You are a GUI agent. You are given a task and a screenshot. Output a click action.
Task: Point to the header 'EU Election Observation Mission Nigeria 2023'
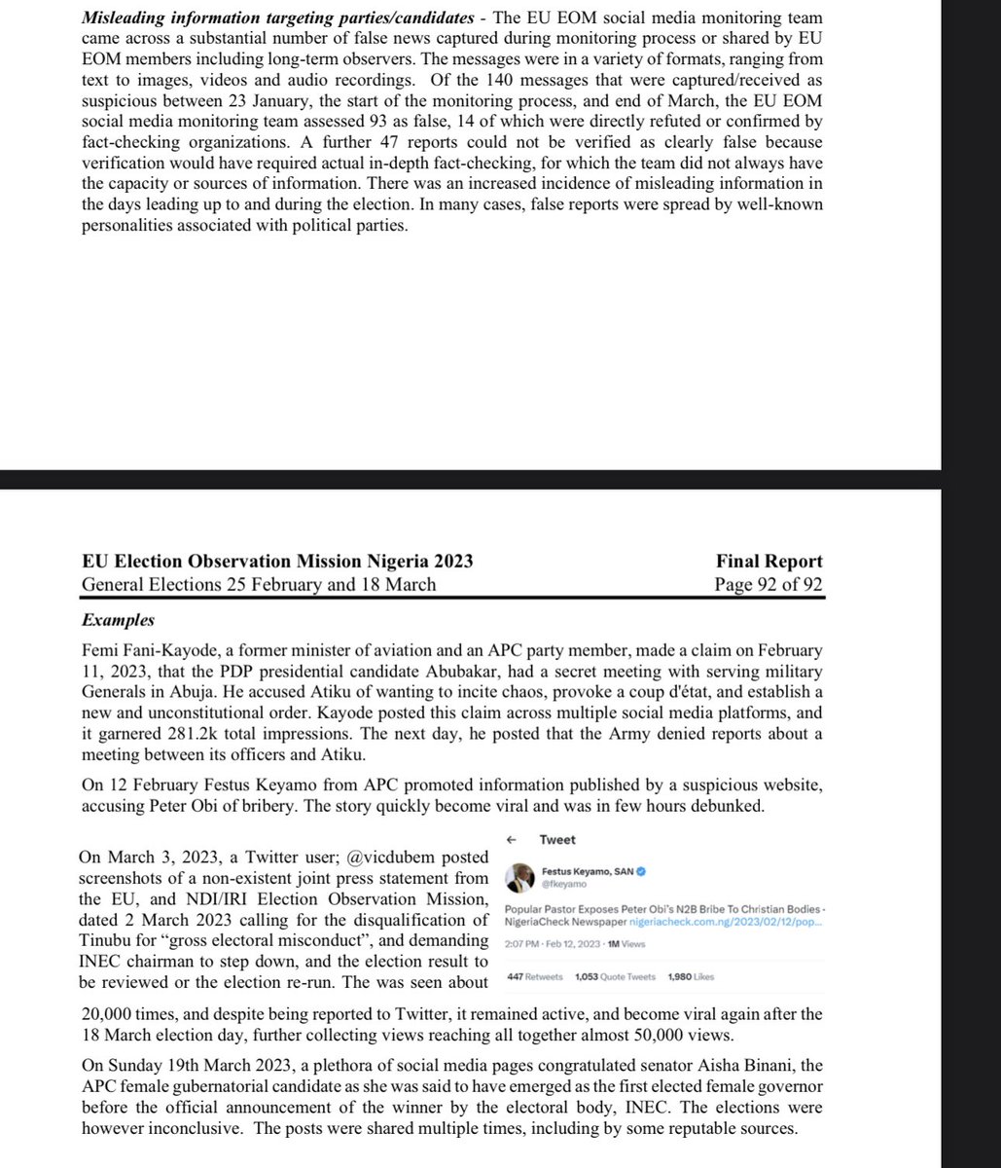(277, 562)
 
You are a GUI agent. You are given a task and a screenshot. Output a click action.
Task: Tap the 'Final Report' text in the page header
(769, 562)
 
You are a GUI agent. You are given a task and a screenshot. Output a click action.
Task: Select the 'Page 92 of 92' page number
(769, 585)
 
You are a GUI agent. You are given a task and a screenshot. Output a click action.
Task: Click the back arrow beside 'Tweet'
(511, 840)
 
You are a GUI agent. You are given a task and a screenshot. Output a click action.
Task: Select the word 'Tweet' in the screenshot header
(557, 840)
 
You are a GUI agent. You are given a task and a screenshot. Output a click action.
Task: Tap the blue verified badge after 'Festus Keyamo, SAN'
(643, 871)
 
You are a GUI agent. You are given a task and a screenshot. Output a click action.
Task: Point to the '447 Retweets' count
(535, 976)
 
